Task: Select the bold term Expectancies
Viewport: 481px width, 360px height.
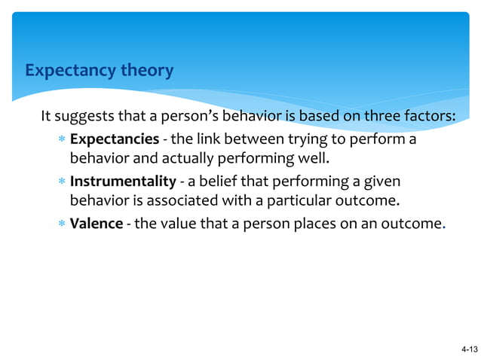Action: click(x=115, y=140)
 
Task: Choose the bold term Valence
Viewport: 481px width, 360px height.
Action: click(x=97, y=224)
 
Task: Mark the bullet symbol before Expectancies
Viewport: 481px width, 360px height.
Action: click(x=61, y=141)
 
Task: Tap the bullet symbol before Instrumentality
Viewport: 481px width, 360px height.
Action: click(x=61, y=183)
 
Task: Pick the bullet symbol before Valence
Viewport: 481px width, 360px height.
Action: click(x=61, y=225)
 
